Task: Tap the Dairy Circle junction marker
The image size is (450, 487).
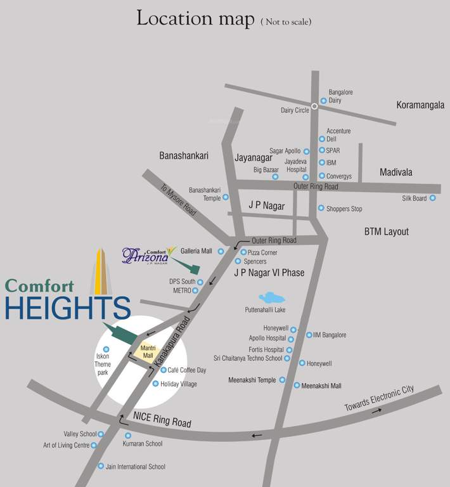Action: click(314, 107)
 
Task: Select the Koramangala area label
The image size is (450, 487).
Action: click(420, 105)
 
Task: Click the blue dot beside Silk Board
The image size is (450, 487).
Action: click(433, 198)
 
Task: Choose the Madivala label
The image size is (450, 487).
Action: click(396, 172)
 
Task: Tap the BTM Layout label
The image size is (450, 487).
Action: click(387, 231)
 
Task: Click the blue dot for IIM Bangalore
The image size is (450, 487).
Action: click(309, 335)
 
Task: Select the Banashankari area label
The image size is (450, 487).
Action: click(184, 155)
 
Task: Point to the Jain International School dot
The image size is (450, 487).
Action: click(100, 466)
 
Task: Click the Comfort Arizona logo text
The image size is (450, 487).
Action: click(146, 256)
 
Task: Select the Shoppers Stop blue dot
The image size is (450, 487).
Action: click(321, 208)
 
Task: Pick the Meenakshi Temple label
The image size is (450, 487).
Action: click(252, 380)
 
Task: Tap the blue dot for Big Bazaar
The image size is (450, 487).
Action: click(275, 176)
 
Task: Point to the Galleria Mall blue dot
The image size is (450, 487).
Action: click(221, 251)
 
